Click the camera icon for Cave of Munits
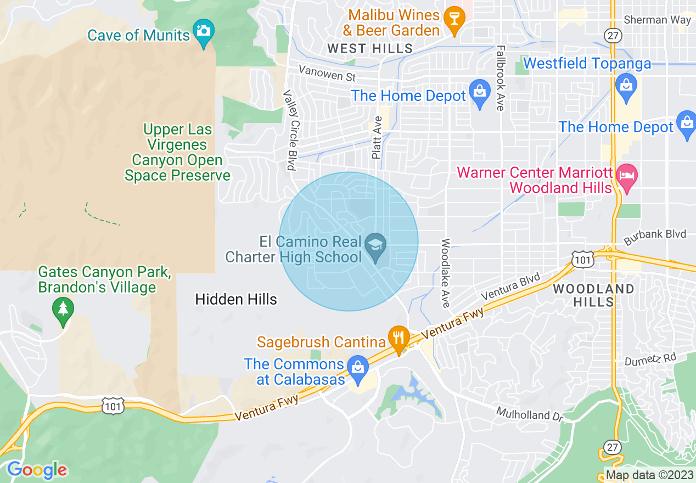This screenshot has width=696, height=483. tap(204, 31)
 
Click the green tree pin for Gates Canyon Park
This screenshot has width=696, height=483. tap(63, 309)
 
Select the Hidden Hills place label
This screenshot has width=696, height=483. tap(236, 299)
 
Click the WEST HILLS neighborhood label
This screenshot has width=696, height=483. tap(370, 48)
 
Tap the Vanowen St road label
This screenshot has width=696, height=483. tap(327, 72)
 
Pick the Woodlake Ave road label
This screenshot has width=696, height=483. tap(445, 273)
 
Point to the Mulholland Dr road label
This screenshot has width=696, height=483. tap(530, 413)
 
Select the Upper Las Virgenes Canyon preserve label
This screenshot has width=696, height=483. tap(177, 153)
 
